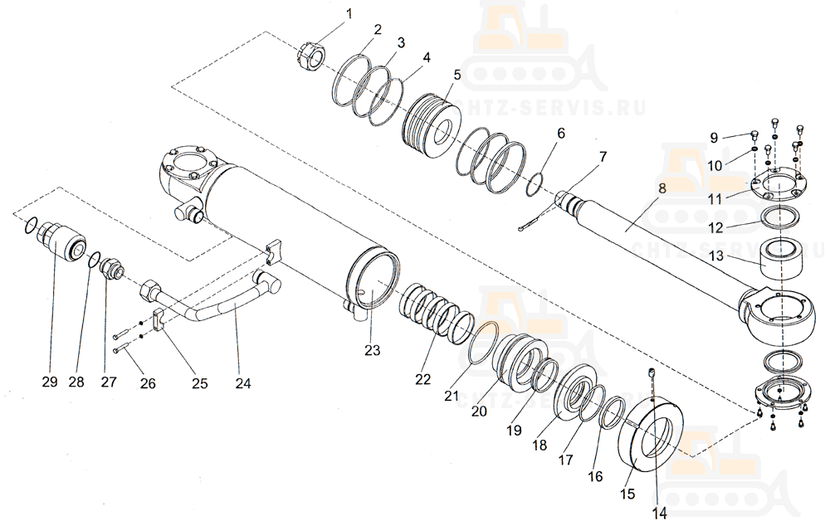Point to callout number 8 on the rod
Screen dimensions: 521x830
[x=662, y=188]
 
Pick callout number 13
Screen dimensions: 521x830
[x=715, y=258]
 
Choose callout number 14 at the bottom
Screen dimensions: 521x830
[x=658, y=513]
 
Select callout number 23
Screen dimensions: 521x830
[x=372, y=350]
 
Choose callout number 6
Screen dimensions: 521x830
[x=561, y=133]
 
